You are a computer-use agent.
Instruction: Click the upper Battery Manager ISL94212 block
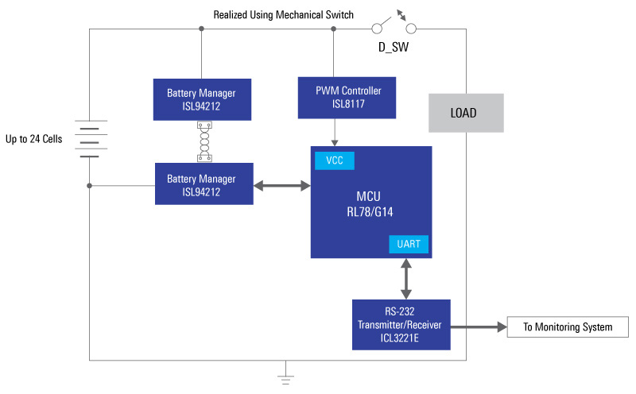coord(202,99)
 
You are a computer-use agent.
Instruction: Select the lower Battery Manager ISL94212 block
coord(204,184)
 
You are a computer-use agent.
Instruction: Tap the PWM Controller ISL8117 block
coord(333,96)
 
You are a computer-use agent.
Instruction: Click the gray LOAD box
coord(465,113)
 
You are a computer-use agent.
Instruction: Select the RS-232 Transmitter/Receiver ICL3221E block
coord(401,324)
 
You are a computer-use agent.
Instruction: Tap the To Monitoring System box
coord(568,327)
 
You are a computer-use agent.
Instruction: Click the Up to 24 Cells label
coord(34,140)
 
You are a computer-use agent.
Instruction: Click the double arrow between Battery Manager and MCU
coord(281,186)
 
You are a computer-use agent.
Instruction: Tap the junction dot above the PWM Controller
coord(334,29)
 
